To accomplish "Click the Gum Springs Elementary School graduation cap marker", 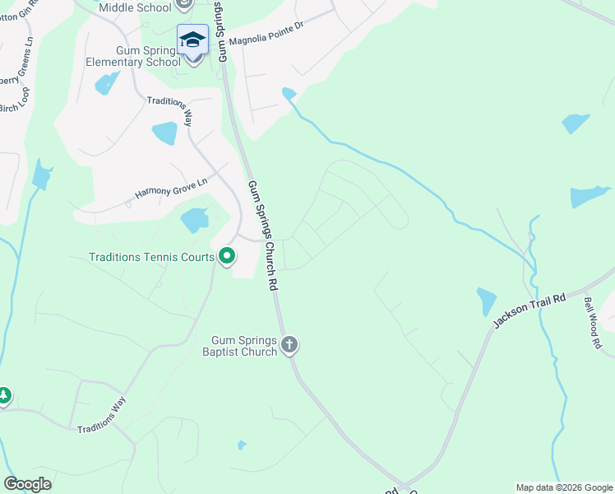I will click(192, 39).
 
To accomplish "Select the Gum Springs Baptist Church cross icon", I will click(289, 345).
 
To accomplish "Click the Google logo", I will click(27, 484).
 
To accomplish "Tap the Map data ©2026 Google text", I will click(564, 487).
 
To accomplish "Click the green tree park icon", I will click(4, 397).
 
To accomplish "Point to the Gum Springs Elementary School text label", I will click(134, 56).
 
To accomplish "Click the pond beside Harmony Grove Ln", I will click(195, 220).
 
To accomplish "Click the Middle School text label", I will click(135, 7).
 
